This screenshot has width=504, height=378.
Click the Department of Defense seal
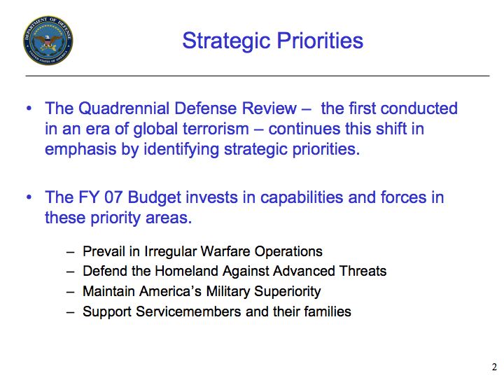click(48, 40)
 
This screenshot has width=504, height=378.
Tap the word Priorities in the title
click(320, 41)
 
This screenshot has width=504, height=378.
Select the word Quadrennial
click(124, 108)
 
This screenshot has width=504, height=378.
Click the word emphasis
click(80, 149)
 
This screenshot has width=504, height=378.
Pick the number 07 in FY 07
click(113, 197)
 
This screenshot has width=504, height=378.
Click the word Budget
click(155, 197)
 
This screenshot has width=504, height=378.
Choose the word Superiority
click(288, 291)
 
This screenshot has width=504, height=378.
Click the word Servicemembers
click(188, 311)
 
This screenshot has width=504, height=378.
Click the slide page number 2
click(494, 367)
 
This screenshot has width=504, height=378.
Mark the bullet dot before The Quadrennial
click(29, 108)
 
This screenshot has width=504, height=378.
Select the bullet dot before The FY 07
click(29, 197)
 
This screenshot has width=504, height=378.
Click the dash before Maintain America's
click(71, 292)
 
